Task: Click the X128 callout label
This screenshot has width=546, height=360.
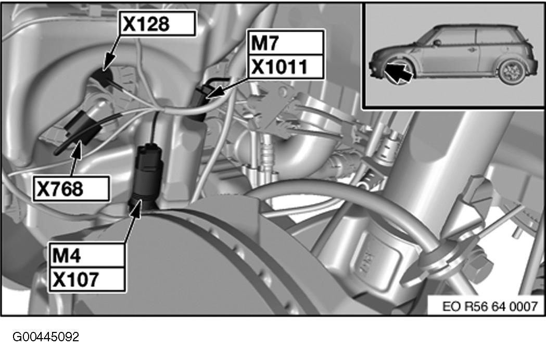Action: (157, 23)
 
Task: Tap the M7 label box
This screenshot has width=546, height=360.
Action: (286, 43)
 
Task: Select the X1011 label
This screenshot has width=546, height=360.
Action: (286, 67)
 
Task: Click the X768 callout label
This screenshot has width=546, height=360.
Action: (71, 189)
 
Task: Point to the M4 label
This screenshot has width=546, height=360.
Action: (86, 255)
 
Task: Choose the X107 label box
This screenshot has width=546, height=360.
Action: (86, 279)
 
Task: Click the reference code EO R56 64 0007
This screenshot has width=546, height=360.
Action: (490, 306)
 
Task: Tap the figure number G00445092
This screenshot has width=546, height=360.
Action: (46, 337)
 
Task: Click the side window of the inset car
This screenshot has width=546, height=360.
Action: (454, 38)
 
